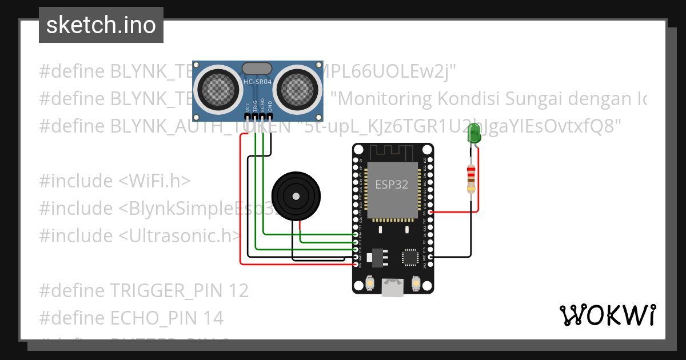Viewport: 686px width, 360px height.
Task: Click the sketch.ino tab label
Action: point(101,25)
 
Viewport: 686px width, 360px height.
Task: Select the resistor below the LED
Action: point(471,178)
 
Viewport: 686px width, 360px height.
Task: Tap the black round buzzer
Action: point(295,195)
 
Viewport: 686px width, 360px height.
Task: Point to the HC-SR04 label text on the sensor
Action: point(258,82)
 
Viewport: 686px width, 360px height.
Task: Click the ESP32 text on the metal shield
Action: point(392,185)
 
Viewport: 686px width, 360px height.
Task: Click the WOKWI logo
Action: point(607,315)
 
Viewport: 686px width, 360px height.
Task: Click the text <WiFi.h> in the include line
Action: point(154,181)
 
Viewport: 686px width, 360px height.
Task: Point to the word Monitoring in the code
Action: point(385,99)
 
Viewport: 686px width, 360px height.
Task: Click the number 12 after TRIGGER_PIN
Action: point(240,291)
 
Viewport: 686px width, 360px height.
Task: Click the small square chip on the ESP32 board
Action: point(410,257)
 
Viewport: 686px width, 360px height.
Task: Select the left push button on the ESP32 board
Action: point(369,283)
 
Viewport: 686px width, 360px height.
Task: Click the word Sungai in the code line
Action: point(536,99)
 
